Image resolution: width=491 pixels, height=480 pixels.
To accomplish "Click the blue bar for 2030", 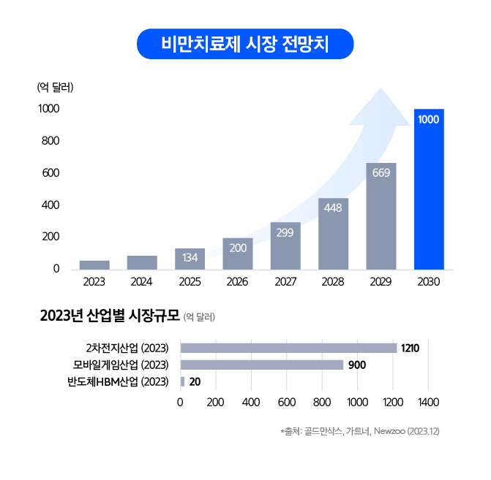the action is coord(429,189).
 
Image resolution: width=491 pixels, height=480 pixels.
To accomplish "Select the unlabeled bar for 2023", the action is coord(94,265).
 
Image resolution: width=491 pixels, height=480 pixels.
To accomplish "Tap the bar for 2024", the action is coord(142,262).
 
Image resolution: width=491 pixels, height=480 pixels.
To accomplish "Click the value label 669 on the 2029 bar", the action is coord(381,172).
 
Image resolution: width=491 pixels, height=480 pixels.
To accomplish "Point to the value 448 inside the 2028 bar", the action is coord(333,207).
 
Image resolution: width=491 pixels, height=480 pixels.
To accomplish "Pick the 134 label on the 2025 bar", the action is coord(190,258).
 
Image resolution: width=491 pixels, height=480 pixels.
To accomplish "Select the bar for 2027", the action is coord(285,245).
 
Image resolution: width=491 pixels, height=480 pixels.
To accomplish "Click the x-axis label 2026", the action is coord(237,282).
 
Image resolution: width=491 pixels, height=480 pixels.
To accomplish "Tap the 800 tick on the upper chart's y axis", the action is coord(50,141).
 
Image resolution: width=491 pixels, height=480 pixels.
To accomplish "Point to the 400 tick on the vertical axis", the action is coord(50,205).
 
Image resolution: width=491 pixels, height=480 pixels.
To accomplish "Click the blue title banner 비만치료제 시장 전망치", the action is coord(245,44).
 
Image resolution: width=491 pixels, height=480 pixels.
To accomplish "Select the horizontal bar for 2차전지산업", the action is coord(289,348).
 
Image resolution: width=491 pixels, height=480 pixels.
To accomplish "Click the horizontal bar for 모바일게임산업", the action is coord(262,365).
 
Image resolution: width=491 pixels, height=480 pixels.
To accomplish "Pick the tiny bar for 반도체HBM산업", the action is coord(182,382).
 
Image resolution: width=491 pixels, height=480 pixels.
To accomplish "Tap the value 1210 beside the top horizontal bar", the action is coord(411,348).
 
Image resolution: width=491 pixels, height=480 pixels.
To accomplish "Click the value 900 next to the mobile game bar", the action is coord(357,365).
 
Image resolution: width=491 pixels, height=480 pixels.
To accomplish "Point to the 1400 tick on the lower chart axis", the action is coord(429,402).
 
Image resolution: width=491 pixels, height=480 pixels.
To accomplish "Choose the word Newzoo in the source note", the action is coord(389,431).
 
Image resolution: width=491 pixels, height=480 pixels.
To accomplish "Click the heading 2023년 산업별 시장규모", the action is coord(110,316).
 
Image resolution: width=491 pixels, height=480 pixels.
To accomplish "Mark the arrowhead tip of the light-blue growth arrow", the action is coord(381,88).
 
